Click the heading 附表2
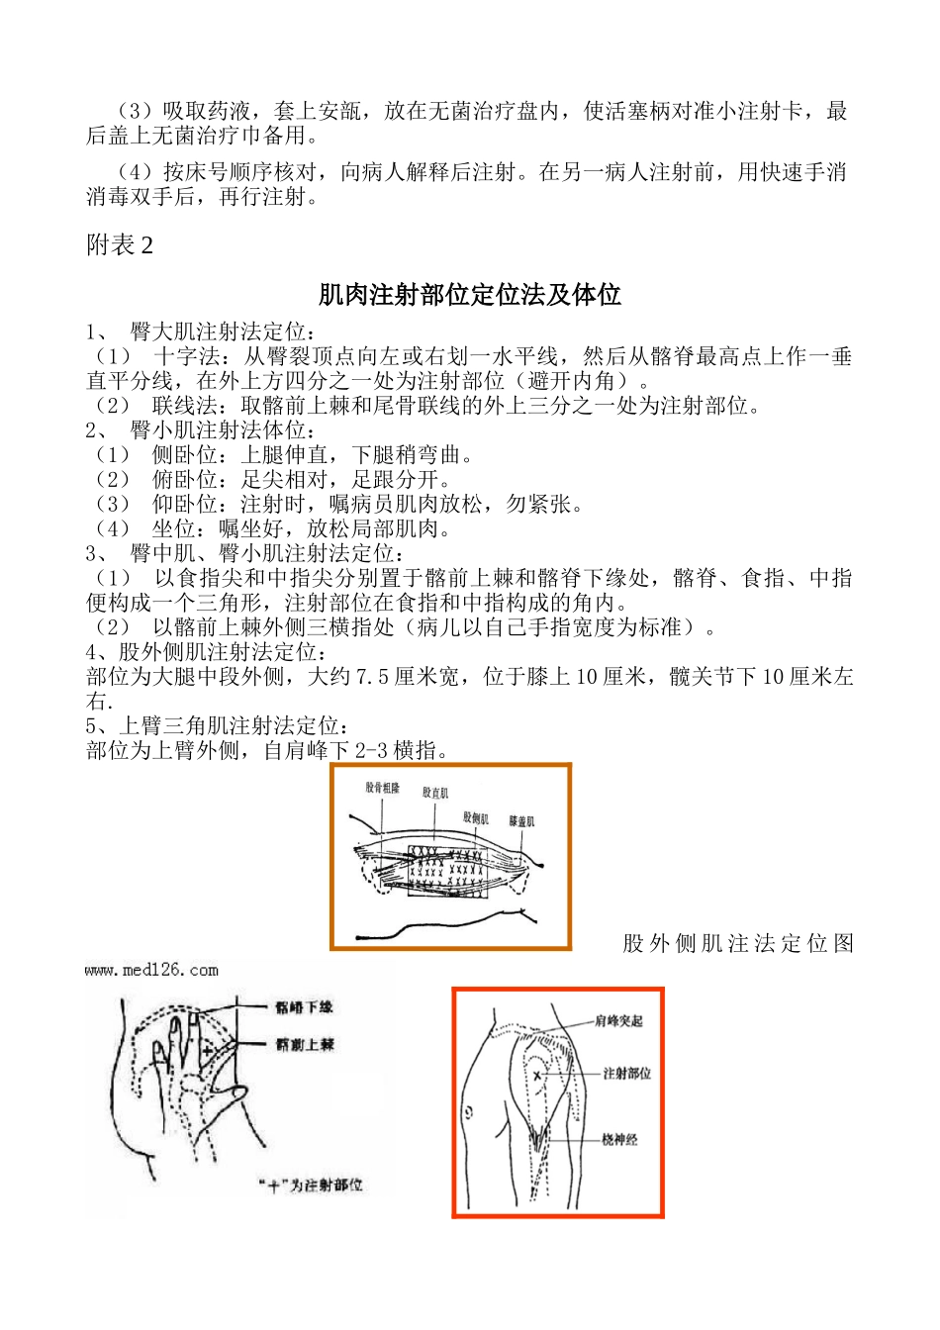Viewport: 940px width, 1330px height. (x=120, y=245)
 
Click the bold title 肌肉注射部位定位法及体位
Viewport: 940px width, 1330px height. (x=469, y=295)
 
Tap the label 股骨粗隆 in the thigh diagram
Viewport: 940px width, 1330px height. (x=382, y=789)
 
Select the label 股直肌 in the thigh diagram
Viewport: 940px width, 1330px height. (x=435, y=793)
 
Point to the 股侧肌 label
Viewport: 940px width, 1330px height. (x=476, y=818)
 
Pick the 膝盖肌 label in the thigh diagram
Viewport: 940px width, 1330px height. (x=521, y=821)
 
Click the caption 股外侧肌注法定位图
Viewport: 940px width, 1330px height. (x=738, y=943)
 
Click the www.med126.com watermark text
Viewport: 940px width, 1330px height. (x=151, y=971)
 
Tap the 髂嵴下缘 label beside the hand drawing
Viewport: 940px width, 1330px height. (x=304, y=1007)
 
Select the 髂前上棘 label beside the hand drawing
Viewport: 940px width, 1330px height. (x=304, y=1044)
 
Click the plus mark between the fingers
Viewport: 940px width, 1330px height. (x=208, y=1050)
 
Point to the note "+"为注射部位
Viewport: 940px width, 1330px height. (x=310, y=1185)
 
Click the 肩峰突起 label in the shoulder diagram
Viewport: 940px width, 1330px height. (x=618, y=1021)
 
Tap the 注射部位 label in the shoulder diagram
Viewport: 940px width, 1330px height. (x=627, y=1074)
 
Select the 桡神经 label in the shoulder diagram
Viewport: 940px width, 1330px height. (x=619, y=1140)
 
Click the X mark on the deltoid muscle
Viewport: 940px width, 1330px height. (x=538, y=1075)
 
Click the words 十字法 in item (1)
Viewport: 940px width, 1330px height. (x=186, y=356)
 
